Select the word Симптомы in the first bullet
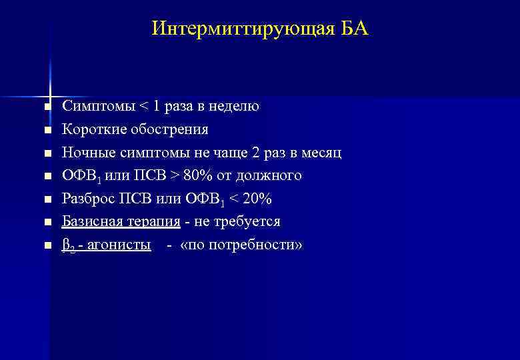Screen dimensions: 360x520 [x=98, y=106]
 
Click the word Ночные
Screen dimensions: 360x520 [x=86, y=153]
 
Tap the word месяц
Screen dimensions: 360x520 [x=323, y=153]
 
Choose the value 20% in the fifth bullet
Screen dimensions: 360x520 [x=255, y=199]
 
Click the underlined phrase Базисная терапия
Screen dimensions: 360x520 [x=121, y=221]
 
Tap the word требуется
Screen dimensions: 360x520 [x=248, y=221]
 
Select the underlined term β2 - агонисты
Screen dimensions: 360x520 [x=106, y=245]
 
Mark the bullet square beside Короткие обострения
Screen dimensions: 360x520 [x=47, y=130]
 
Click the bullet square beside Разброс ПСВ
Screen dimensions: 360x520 [x=47, y=199]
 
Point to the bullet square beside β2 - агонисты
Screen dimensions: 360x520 [x=47, y=245]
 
